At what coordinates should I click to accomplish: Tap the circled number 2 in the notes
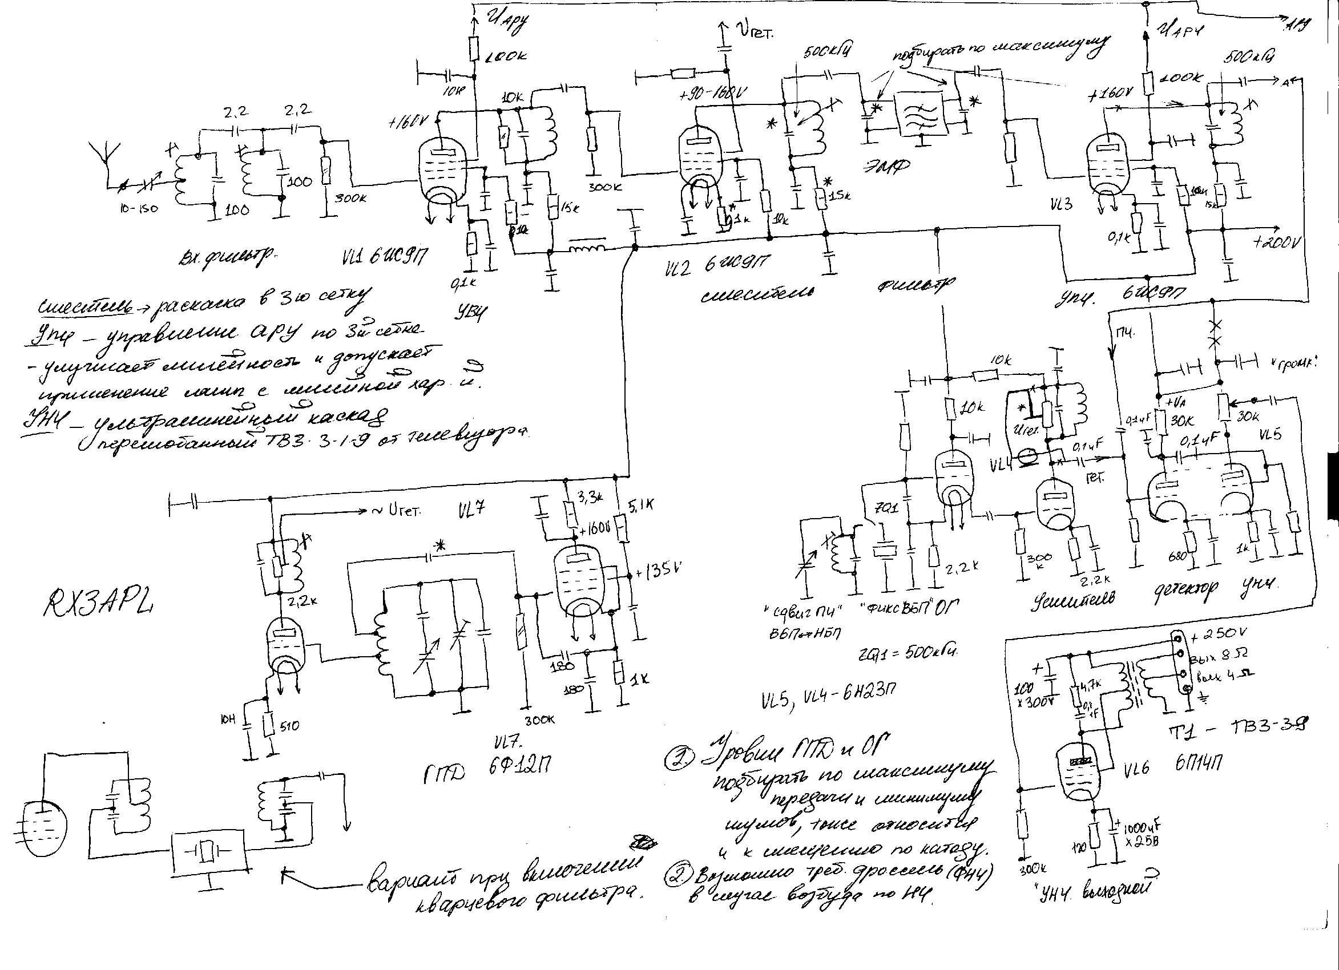point(675,875)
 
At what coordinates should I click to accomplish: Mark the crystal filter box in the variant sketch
point(208,852)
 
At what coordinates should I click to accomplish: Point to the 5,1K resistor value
point(641,506)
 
